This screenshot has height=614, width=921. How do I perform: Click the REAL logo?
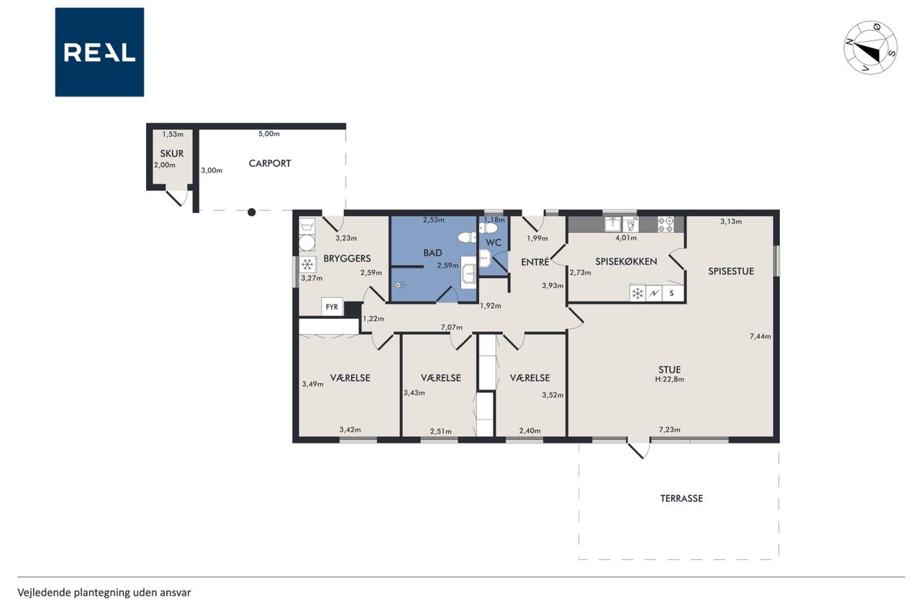[x=99, y=53]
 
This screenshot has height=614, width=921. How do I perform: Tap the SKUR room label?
[x=172, y=153]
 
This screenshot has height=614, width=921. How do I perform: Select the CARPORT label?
[x=270, y=163]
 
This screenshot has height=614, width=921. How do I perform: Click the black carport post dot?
[x=252, y=212]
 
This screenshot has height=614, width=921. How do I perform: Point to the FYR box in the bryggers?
[x=332, y=307]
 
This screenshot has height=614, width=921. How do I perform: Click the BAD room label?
[x=432, y=253]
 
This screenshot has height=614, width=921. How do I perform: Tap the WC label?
[x=493, y=243]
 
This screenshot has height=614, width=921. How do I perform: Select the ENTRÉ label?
[x=535, y=261]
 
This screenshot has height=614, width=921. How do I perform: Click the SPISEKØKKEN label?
[x=626, y=261]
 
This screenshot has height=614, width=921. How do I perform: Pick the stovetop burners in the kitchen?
[x=666, y=225]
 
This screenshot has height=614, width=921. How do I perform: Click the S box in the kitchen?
[x=671, y=293]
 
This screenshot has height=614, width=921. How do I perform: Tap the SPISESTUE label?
[x=730, y=271]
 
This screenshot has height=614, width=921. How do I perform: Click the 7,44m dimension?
[x=760, y=336]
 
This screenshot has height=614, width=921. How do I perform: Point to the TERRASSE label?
[x=681, y=498]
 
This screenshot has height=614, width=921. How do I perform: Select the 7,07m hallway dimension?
[x=451, y=328]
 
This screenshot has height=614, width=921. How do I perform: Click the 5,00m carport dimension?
[x=269, y=134]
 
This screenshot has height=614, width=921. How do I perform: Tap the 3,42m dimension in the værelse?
[x=350, y=430]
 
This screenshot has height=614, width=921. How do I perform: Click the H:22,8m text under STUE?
[x=669, y=379]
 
